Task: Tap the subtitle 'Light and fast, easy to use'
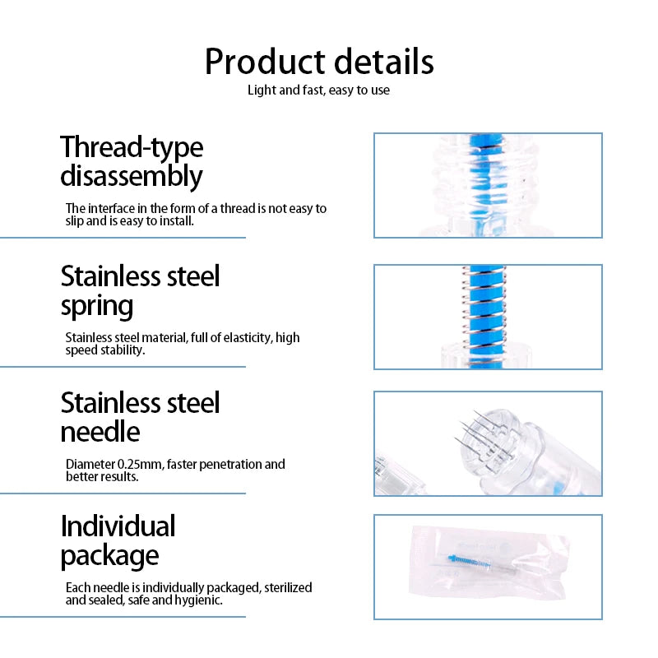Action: pos(318,90)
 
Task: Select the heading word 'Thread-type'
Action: pos(132,148)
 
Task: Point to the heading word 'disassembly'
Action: pos(132,177)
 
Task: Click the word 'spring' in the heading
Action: pos(97,306)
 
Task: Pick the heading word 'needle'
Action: pos(100,432)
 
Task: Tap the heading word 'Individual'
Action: pos(118,526)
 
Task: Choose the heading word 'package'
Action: pos(110,556)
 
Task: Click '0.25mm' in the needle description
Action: pos(141,464)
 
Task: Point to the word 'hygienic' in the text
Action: pos(197,600)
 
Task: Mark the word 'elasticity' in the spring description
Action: pos(247,338)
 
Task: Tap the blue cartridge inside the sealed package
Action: pos(469,561)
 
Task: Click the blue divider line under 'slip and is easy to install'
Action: pos(123,238)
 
